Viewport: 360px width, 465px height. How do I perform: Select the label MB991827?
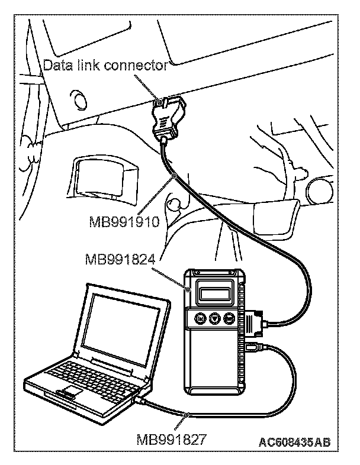[x=171, y=440]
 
